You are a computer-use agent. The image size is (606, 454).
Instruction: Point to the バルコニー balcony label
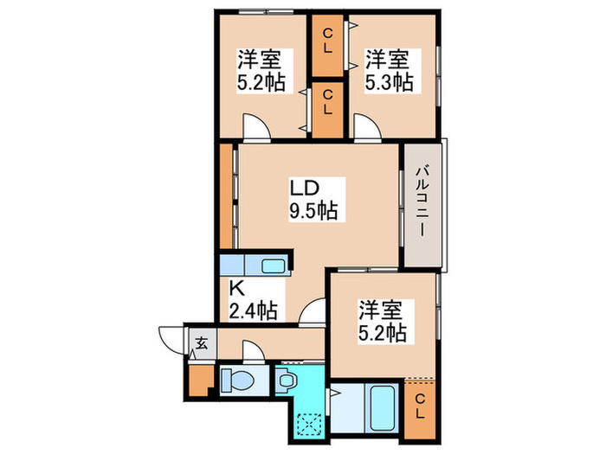(x=422, y=202)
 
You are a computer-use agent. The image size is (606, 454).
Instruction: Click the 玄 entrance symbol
(x=201, y=343)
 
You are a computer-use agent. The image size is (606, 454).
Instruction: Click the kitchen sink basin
(x=274, y=265)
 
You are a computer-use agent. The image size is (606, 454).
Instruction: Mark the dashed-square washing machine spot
(x=309, y=423)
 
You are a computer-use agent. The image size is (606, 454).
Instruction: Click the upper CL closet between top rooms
(x=328, y=41)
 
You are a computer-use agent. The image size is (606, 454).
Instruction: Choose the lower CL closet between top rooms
(x=328, y=110)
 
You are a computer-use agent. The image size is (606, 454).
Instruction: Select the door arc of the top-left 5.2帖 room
(x=255, y=127)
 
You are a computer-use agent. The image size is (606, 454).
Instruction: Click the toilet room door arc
(x=254, y=349)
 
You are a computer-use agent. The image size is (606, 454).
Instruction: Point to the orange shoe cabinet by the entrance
(x=200, y=380)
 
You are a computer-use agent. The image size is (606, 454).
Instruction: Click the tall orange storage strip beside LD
(x=227, y=196)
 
